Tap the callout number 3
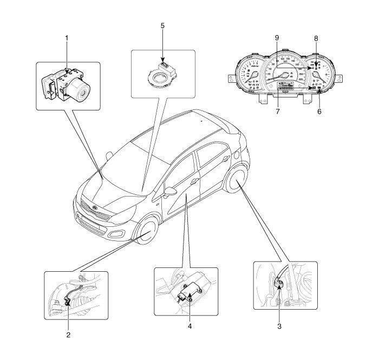[279, 326]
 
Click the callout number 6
[319, 112]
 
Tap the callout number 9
[276, 39]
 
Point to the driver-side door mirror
[170, 192]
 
